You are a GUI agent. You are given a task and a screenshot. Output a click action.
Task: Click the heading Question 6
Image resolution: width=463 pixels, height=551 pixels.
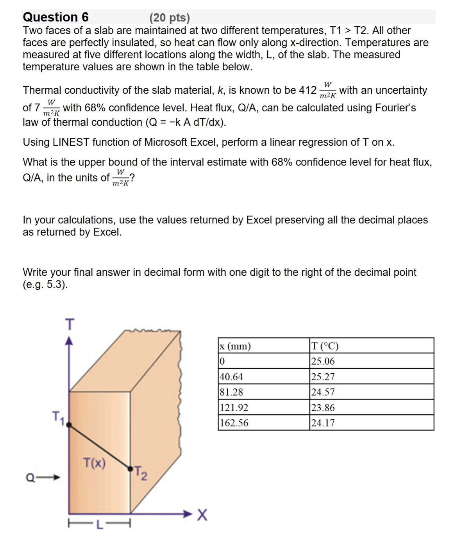point(55,17)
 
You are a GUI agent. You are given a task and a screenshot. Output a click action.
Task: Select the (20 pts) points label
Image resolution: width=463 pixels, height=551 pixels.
point(169,18)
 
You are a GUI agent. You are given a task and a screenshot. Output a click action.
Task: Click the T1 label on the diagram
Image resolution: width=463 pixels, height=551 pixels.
point(58,417)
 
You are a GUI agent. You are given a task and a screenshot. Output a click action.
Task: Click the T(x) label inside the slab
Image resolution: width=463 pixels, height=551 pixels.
point(94,463)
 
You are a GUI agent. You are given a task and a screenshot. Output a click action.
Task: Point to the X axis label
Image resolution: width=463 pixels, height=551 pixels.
point(202,515)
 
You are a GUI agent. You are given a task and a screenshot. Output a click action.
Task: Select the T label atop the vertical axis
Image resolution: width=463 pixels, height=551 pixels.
point(69,324)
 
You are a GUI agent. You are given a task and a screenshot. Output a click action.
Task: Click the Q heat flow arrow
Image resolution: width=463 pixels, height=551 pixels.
point(43,477)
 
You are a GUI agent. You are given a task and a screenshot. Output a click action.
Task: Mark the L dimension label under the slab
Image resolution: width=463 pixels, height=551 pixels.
point(99,525)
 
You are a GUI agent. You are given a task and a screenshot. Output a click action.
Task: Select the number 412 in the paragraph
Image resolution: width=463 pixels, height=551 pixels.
point(307,90)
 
